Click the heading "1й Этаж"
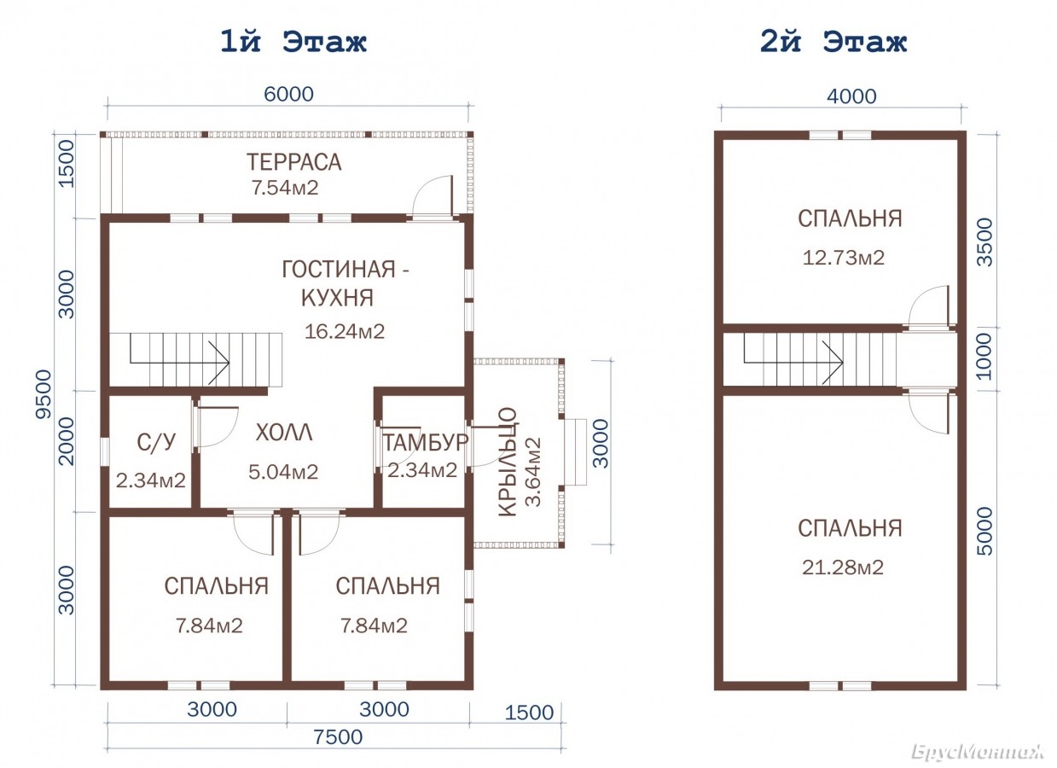coord(293,42)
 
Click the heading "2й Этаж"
coord(833,42)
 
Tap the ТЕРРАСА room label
coord(293,162)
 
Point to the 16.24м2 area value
coord(345,331)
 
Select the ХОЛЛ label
coord(284,433)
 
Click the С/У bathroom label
coord(156,442)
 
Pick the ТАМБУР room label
coord(425,443)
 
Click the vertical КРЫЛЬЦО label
coord(508,463)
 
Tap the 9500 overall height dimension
coord(44,393)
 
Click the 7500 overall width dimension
coord(338,736)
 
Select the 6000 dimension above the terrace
coord(288,94)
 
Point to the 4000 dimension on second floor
coord(851,96)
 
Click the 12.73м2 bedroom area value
coord(844,258)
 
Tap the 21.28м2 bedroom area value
coord(843,567)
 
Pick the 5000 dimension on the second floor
coord(985,532)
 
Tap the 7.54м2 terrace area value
coord(285,188)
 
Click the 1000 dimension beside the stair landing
coord(984,357)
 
